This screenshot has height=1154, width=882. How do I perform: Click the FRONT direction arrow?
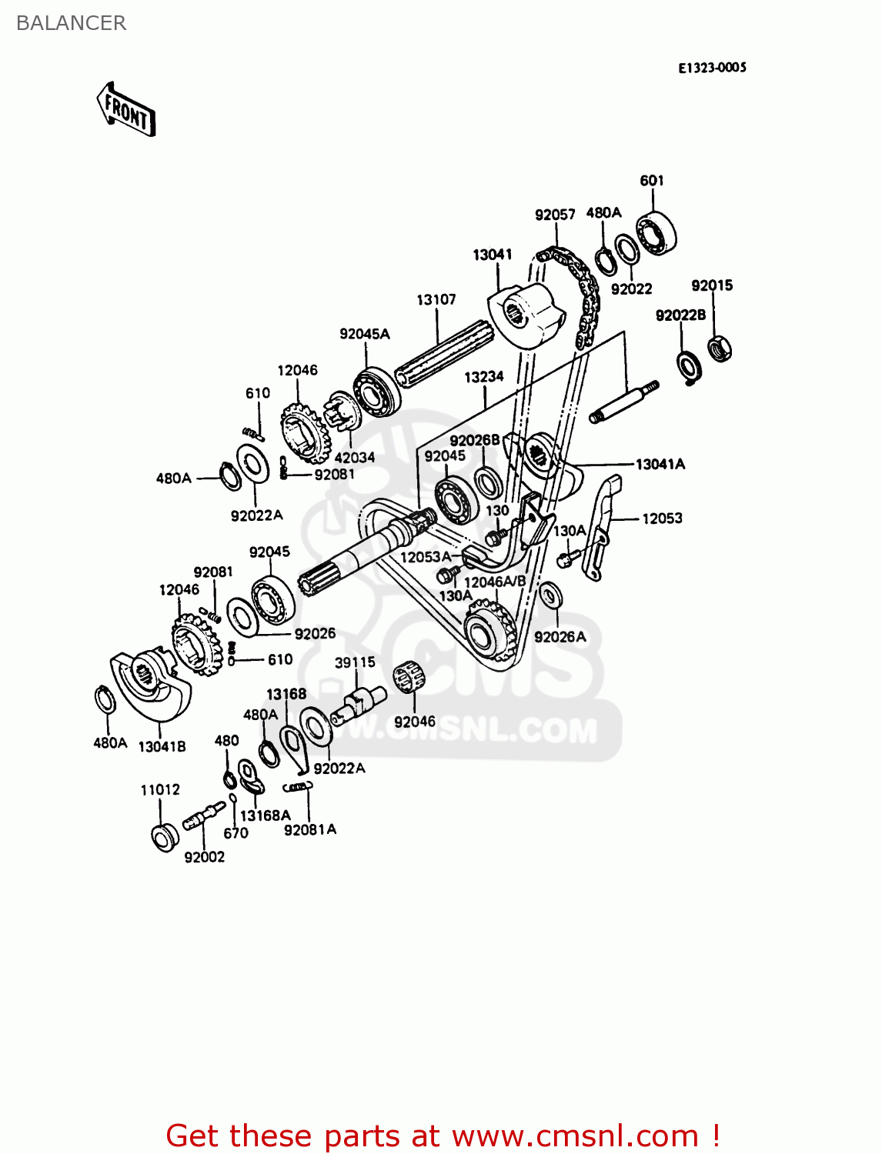coord(126,110)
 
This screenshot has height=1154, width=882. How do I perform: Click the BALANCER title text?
coord(71,23)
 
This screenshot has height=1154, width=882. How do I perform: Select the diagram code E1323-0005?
coord(712,68)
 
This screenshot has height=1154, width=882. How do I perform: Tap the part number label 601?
coord(651,181)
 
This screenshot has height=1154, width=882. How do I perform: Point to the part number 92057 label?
coord(555,215)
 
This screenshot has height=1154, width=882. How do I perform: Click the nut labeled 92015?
coord(720,349)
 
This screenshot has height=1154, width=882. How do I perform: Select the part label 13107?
coord(436,299)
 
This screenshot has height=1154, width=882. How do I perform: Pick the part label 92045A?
coord(365,334)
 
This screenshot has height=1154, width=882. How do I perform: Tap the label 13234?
coord(483,377)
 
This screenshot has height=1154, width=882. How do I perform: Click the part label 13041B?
coord(162,746)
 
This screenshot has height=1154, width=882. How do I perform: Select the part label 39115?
coord(355,662)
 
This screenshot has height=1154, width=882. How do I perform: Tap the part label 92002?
coord(205,857)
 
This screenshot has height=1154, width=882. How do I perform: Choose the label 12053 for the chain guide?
coord(662,519)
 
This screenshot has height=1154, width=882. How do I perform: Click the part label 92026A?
coord(560,637)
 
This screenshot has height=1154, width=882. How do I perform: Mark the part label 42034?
coord(354,457)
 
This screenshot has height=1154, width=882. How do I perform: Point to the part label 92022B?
coord(680,315)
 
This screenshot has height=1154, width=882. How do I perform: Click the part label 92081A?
coord(310,829)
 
